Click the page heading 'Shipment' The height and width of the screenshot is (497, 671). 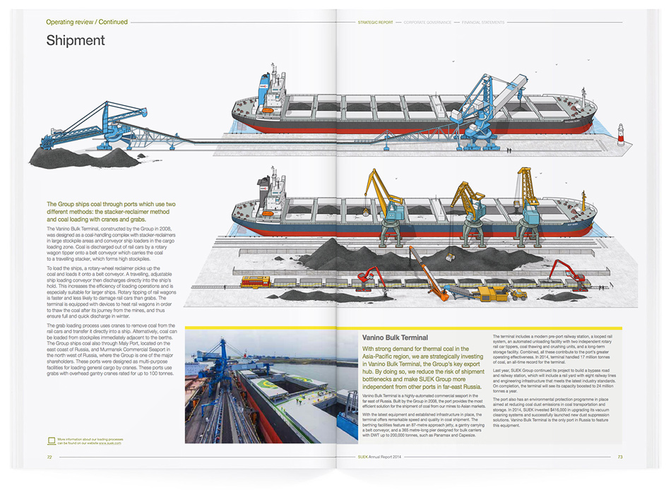point(76,41)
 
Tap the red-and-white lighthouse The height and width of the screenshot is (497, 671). point(621,134)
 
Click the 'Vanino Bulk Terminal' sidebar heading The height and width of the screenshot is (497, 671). point(395,338)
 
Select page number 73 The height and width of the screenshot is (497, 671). point(619,457)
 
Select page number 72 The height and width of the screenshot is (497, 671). point(50,457)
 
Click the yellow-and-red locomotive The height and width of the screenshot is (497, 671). point(255,282)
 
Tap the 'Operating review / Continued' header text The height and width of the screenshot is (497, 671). point(87,23)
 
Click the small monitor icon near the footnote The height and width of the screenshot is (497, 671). point(51,441)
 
